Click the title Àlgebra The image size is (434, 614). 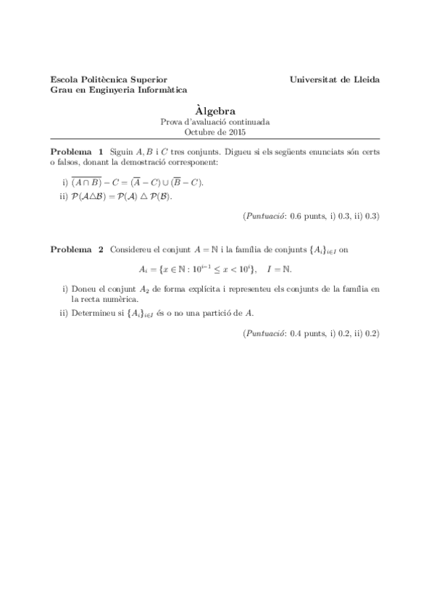tap(216, 112)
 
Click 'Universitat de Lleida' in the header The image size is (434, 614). tap(334, 79)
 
